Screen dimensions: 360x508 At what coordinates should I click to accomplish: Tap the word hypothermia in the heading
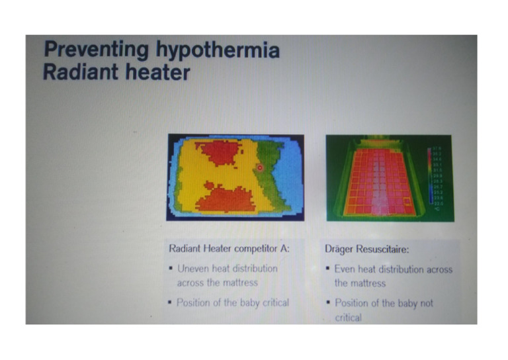click(218, 52)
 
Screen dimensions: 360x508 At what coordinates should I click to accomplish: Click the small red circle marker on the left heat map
click(260, 168)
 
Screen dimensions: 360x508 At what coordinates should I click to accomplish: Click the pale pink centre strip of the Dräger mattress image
click(379, 182)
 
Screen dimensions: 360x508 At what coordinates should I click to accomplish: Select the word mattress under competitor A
click(237, 283)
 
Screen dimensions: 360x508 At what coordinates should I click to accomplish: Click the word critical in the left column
click(271, 302)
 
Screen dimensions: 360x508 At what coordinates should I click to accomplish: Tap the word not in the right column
click(420, 303)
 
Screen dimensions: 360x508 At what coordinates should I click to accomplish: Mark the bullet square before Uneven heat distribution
click(171, 269)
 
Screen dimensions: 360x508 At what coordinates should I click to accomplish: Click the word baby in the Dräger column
click(399, 303)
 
